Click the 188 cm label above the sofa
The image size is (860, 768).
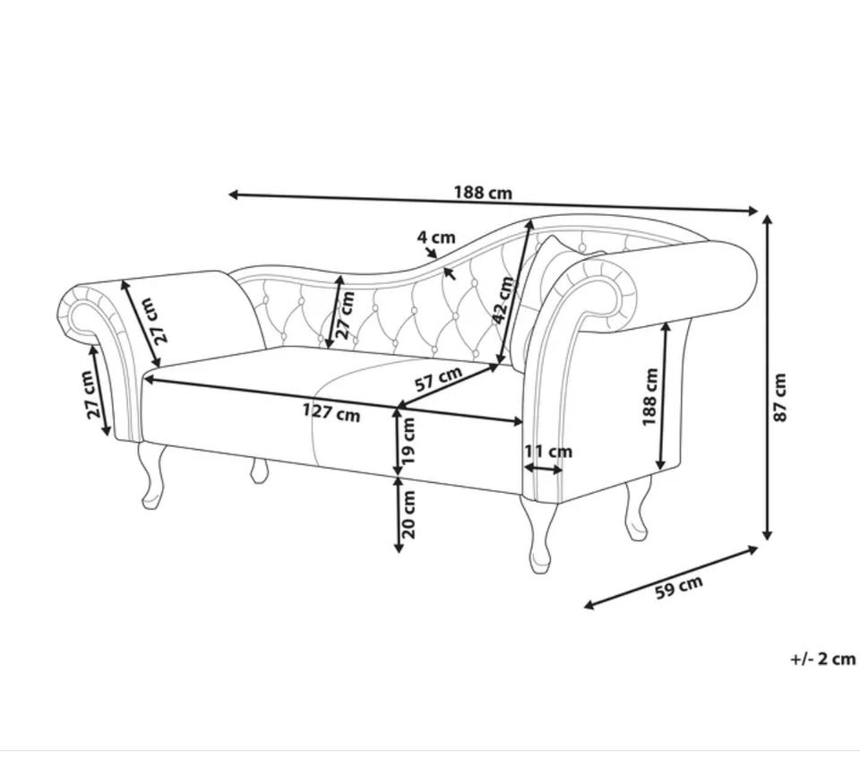(483, 193)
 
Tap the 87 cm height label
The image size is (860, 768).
(779, 398)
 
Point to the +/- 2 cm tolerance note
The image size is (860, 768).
(822, 659)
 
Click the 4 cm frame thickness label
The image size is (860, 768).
(436, 237)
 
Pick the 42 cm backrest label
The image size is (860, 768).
(504, 300)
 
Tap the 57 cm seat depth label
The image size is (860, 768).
(438, 378)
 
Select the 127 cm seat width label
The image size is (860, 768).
(331, 412)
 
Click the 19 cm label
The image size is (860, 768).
(409, 441)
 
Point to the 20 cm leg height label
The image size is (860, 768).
(409, 514)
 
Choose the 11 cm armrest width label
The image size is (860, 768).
(548, 452)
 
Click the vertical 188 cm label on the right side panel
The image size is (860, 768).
(649, 397)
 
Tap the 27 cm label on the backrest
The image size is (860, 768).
(345, 315)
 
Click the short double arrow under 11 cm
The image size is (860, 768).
(543, 469)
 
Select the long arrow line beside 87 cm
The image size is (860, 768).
(768, 377)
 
